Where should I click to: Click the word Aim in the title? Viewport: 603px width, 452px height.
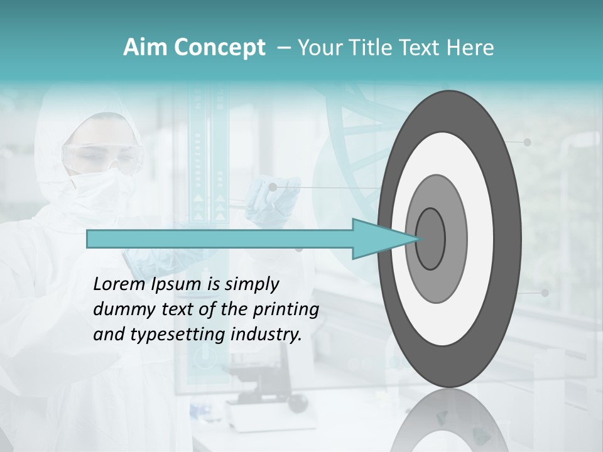[145, 48]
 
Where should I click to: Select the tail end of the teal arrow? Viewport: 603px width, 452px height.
[91, 239]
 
